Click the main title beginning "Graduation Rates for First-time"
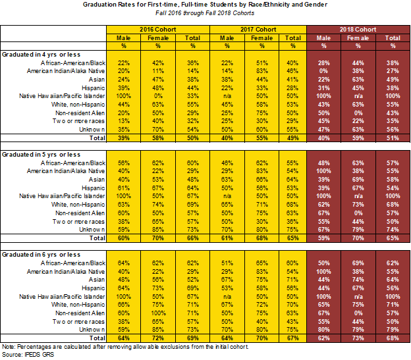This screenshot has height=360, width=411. [x=205, y=5]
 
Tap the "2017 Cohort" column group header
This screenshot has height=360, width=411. [x=258, y=30]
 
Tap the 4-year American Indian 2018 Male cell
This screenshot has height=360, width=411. [x=323, y=70]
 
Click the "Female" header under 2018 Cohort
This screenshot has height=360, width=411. [x=358, y=38]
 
